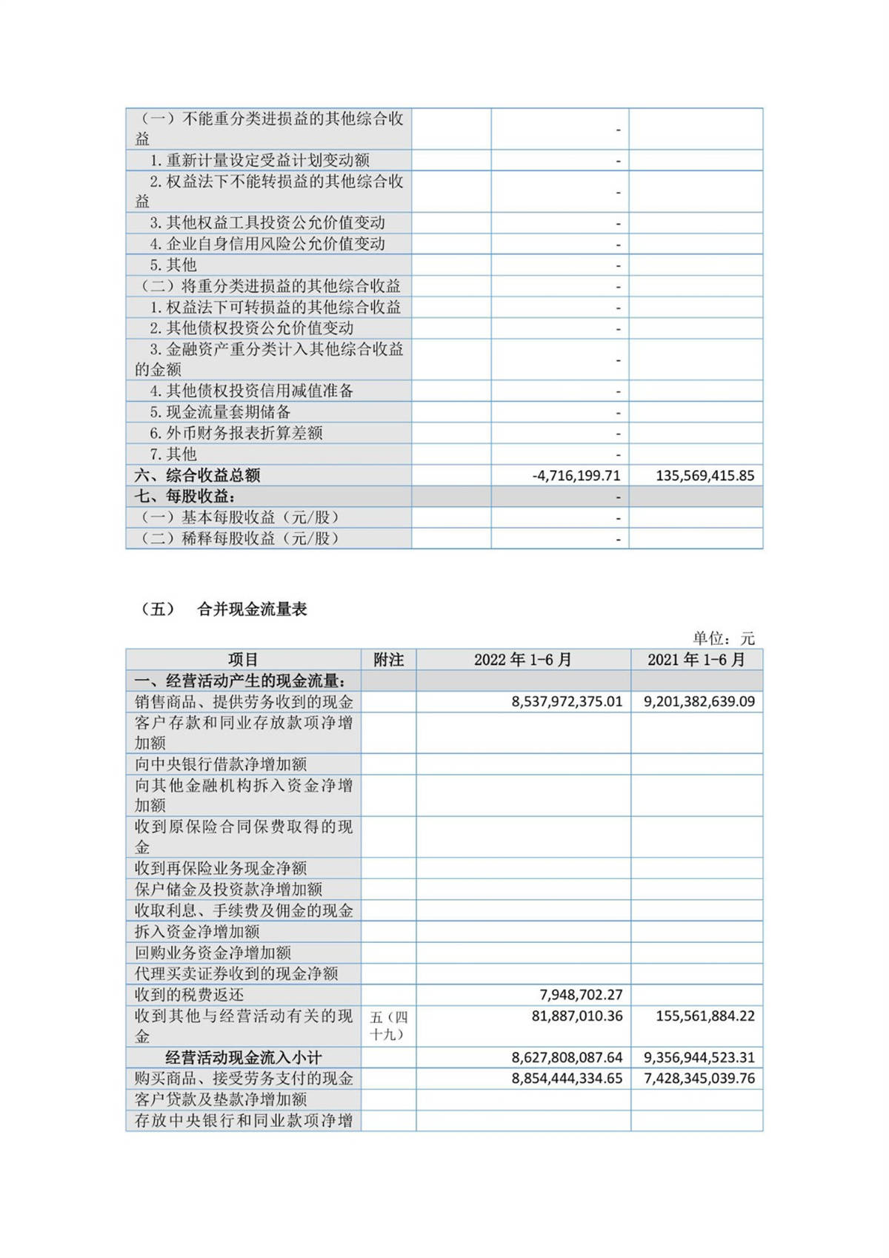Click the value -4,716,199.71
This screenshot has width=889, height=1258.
576,476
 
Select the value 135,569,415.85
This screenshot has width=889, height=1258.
705,476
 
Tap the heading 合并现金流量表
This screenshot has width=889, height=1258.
252,609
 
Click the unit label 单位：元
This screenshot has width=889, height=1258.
723,638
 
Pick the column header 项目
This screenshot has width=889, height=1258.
243,660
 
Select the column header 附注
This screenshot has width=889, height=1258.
389,660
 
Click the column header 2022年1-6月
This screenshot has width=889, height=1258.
523,660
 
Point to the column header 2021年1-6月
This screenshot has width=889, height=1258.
696,660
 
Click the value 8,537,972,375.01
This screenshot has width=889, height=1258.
567,701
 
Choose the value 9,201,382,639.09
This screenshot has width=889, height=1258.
699,701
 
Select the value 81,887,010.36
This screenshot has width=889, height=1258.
576,1016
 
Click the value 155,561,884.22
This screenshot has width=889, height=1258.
705,1016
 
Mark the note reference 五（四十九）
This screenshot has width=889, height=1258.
389,1026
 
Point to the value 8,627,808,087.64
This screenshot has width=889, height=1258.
567,1058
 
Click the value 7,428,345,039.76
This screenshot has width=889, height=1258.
699,1079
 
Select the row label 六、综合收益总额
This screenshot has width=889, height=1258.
197,476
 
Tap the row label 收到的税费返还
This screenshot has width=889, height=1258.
189,995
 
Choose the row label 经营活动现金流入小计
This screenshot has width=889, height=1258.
243,1058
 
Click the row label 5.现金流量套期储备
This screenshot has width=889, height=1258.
220,412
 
